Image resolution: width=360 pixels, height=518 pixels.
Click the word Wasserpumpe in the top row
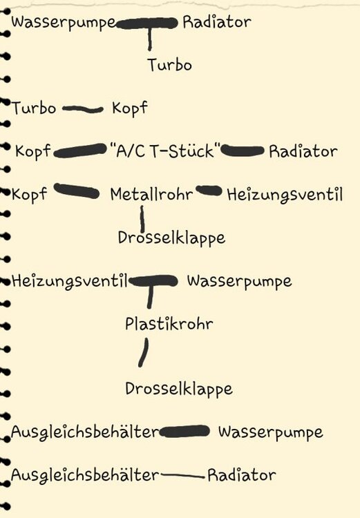[64, 23]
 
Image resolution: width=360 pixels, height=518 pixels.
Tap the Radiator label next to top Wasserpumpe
[217, 22]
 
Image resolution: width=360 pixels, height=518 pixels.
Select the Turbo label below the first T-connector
[169, 65]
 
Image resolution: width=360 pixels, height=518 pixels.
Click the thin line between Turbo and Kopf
[83, 109]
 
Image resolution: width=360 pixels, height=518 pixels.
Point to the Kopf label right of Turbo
[130, 108]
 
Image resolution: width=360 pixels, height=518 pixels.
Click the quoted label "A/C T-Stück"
[164, 151]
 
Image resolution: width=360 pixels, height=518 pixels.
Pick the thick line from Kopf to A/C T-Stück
[79, 151]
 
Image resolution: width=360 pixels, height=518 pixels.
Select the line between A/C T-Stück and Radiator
[243, 151]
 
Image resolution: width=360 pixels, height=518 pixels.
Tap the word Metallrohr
[151, 194]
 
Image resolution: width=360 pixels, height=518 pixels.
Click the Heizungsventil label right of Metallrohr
[285, 195]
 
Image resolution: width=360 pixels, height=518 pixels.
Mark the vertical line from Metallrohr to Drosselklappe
[142, 220]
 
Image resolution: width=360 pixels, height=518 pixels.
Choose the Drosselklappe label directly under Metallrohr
[171, 238]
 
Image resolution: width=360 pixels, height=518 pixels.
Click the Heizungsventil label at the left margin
[69, 282]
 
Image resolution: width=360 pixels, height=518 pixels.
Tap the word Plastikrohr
[169, 323]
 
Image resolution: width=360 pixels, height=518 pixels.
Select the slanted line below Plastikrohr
[144, 352]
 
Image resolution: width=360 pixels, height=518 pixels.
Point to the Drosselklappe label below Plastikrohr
[179, 389]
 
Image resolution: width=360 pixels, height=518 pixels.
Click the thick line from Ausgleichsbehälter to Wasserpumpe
[184, 432]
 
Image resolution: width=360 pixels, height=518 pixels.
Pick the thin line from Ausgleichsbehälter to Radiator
[182, 476]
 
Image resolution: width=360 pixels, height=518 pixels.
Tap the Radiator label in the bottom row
[242, 475]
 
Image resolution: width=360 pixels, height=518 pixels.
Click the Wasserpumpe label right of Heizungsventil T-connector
[239, 281]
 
